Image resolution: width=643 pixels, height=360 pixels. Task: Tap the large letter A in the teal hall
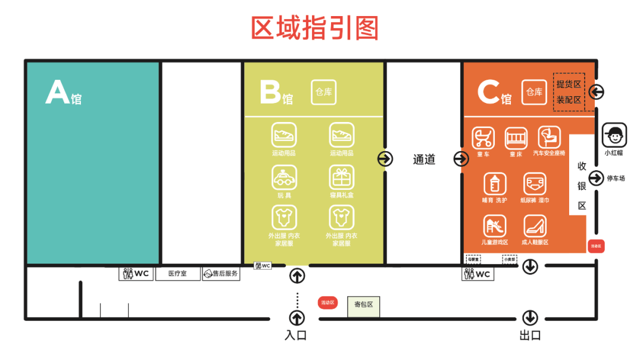[x=57, y=93]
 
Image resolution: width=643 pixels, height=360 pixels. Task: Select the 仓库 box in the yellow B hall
[x=324, y=92]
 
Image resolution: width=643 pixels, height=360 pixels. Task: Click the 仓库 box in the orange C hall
[x=534, y=92]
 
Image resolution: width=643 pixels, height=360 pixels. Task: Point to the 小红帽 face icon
[x=614, y=135]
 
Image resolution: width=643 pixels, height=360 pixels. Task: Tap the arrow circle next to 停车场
[x=596, y=178]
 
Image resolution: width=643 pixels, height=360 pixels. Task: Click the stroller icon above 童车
[x=483, y=138]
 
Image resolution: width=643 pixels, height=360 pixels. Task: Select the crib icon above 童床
[x=516, y=138]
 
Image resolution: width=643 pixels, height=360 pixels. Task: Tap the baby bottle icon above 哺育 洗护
[x=495, y=183]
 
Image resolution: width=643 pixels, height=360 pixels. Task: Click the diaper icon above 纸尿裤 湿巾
[x=535, y=183]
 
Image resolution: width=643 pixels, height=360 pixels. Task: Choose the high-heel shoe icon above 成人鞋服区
[x=535, y=227]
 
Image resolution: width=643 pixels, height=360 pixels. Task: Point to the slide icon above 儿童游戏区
[x=495, y=227]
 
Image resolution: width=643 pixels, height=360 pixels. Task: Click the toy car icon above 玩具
[x=284, y=177]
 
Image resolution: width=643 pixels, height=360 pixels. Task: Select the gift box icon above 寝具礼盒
[x=342, y=177]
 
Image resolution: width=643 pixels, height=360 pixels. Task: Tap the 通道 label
[x=424, y=159]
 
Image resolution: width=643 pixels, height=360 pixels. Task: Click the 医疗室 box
[x=177, y=274]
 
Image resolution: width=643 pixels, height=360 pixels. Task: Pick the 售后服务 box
[x=221, y=274]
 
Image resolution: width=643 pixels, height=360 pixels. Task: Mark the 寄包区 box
[x=363, y=305]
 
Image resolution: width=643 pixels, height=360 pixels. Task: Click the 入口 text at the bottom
[x=296, y=336]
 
